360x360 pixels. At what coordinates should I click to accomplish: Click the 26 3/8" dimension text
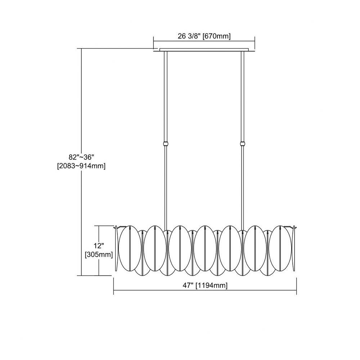(190, 36)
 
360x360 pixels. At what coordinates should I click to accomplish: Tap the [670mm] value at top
(216, 36)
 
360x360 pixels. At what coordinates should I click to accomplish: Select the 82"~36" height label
(81, 157)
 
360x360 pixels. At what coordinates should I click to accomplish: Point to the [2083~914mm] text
(81, 166)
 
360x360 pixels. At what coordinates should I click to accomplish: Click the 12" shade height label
(99, 246)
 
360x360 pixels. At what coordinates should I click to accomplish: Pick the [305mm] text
(99, 255)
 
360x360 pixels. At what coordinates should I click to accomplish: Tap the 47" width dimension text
(188, 285)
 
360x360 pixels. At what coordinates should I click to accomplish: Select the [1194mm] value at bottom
(211, 285)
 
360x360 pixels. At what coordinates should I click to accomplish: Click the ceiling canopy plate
(204, 50)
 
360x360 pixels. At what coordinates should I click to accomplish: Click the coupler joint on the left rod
(166, 144)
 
